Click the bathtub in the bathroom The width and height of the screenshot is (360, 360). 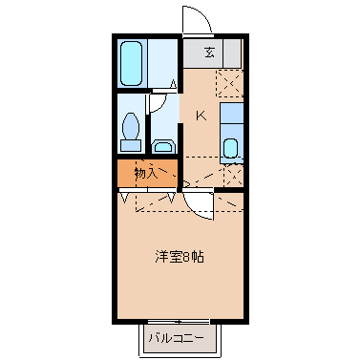133,63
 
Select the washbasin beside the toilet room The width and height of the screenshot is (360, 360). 163,145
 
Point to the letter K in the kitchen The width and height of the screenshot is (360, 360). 201,116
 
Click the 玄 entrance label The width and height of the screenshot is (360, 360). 209,53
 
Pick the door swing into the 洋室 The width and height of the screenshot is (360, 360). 196,203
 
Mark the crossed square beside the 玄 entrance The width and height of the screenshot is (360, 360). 229,83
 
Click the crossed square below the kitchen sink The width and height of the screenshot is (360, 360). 230,175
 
